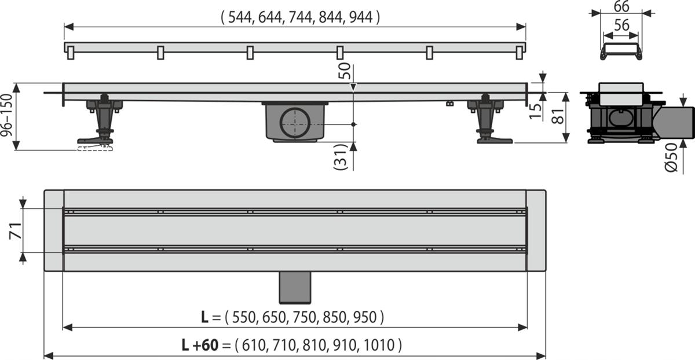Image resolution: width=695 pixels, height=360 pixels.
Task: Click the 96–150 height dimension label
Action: pyautogui.click(x=7, y=116)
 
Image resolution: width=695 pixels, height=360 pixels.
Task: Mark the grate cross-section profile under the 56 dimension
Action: pyautogui.click(x=620, y=52)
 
